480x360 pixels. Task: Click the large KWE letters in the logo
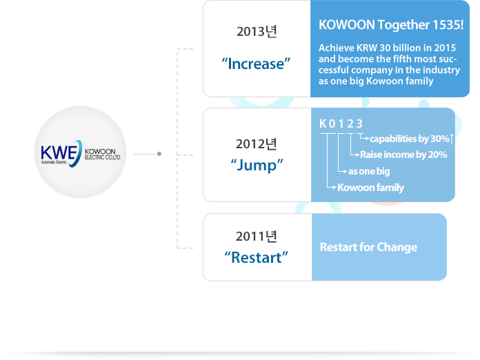click(x=59, y=152)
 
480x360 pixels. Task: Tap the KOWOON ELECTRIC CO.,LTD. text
click(x=102, y=154)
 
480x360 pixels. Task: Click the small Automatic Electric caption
click(x=54, y=162)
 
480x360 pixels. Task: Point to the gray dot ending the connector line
click(x=159, y=154)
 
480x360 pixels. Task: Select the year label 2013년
click(x=257, y=32)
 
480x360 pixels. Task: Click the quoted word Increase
click(x=256, y=63)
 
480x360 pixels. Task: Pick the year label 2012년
click(x=257, y=144)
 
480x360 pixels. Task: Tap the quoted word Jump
click(x=257, y=166)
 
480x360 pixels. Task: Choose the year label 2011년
click(x=257, y=237)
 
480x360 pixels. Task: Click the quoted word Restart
click(x=257, y=257)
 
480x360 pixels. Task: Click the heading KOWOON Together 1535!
click(x=391, y=25)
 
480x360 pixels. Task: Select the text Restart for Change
click(x=368, y=247)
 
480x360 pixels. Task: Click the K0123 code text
click(x=341, y=123)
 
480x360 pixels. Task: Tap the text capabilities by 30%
click(x=409, y=139)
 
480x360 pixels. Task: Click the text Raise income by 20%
click(x=403, y=154)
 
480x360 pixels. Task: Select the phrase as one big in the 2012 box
click(x=369, y=171)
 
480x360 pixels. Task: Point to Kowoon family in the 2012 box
click(x=370, y=188)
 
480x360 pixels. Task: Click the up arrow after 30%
click(x=452, y=139)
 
